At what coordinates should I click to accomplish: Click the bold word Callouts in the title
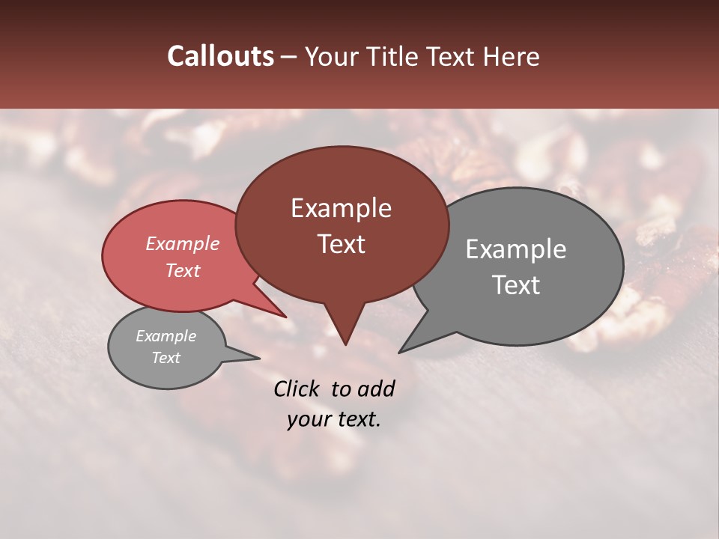pos(220,56)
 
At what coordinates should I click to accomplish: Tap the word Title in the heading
pos(392,56)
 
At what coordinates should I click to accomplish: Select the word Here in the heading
pos(512,56)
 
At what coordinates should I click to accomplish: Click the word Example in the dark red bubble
pos(341,208)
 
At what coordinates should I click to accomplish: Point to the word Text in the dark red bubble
pos(342,244)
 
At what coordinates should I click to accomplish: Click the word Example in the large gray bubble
pos(516,249)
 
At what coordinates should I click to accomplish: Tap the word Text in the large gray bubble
pos(517,285)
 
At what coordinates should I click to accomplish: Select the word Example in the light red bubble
pos(183,243)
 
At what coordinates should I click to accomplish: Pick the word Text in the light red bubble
pos(183,270)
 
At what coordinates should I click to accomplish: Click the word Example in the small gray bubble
pos(166,336)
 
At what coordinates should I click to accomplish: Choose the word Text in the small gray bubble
pos(166,358)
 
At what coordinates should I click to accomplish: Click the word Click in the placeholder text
pos(297,389)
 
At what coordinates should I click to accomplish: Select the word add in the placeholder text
pos(376,389)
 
